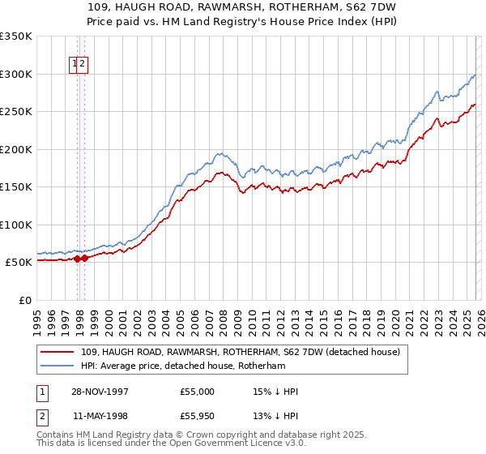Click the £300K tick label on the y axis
pos(16,74)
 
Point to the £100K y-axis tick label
pos(16,225)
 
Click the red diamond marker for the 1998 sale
pos(84,259)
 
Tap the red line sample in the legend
pos(58,353)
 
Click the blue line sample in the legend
pos(58,366)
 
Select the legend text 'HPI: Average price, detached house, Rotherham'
pos(183,366)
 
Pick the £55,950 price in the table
pos(198,418)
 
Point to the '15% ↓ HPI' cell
pos(275,392)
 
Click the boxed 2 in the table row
pos(41,418)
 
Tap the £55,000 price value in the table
pos(198,392)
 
